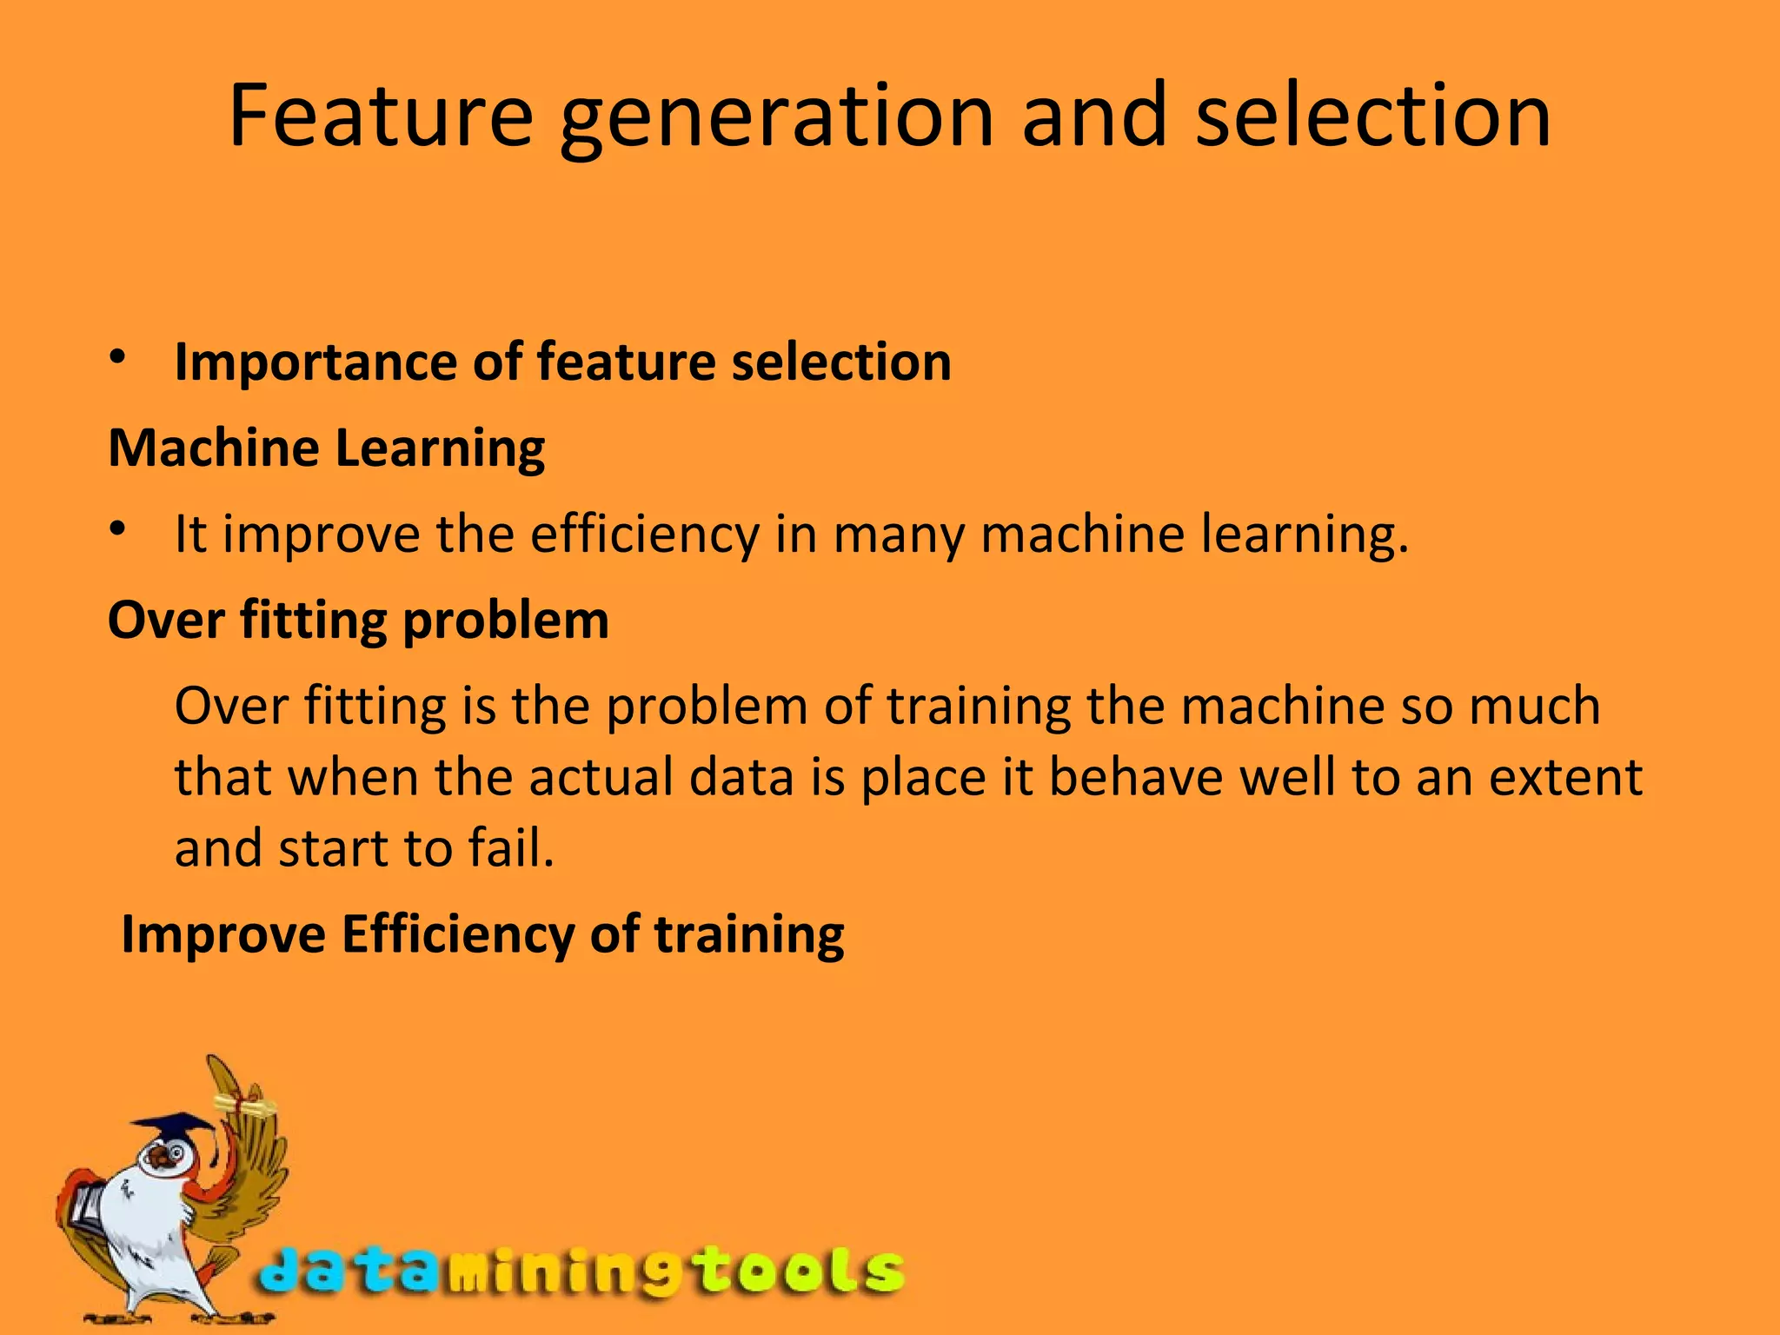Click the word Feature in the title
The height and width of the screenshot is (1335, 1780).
[x=381, y=115]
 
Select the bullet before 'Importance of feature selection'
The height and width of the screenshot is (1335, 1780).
[x=119, y=357]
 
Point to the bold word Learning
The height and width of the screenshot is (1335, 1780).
[x=440, y=449]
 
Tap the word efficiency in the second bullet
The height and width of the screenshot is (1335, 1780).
[x=645, y=535]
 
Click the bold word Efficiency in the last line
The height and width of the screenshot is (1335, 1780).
[x=457, y=934]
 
